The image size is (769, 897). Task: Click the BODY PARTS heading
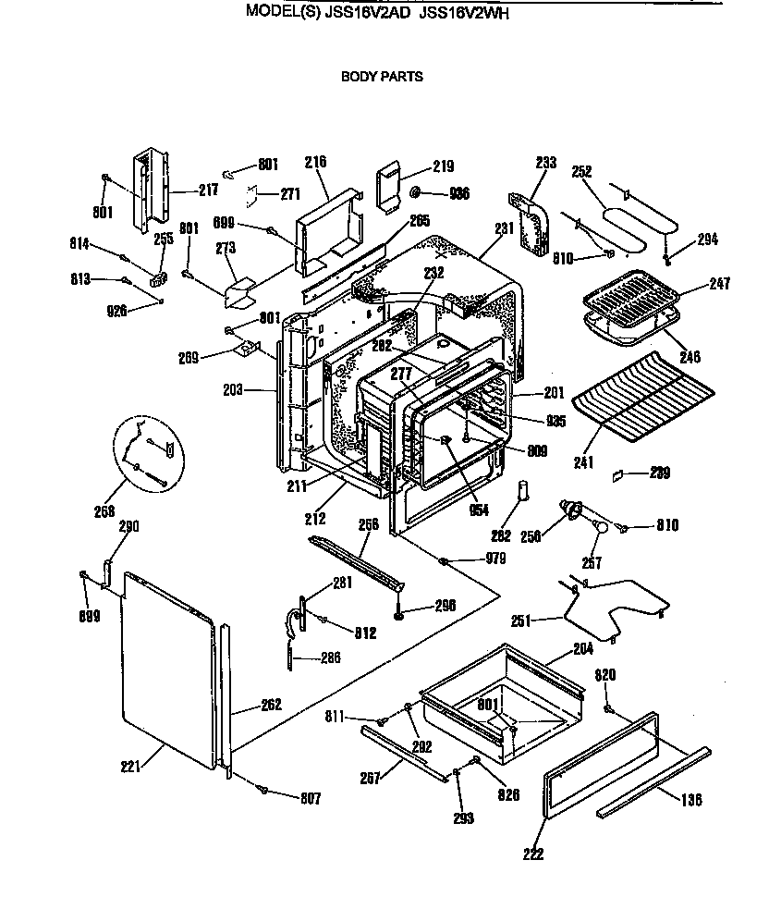click(382, 77)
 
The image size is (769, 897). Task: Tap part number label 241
click(582, 461)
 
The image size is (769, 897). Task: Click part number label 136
click(691, 799)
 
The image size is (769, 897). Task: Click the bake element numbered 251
click(615, 606)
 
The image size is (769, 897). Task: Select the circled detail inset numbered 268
click(151, 450)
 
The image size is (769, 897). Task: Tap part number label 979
click(496, 559)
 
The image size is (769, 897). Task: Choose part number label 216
click(315, 162)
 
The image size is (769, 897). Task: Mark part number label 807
click(310, 797)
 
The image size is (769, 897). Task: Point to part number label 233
click(546, 163)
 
